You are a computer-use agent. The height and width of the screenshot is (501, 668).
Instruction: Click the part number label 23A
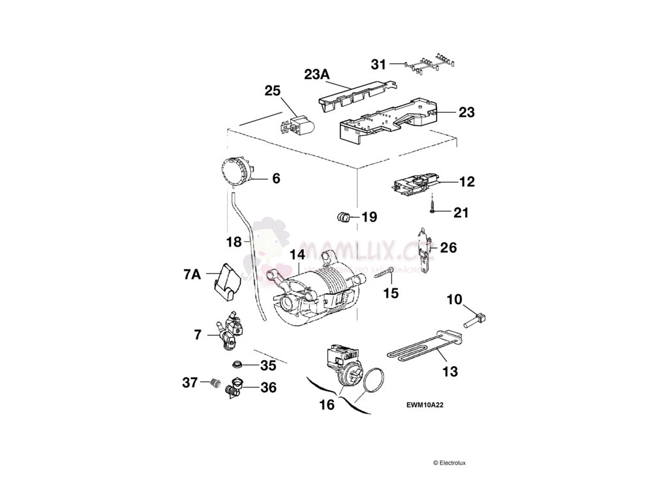click(x=317, y=74)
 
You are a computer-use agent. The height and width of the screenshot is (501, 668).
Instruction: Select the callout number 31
click(x=378, y=64)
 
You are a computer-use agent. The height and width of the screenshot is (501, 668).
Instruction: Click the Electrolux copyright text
click(x=449, y=463)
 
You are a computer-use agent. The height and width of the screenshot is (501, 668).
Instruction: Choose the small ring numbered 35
click(x=238, y=363)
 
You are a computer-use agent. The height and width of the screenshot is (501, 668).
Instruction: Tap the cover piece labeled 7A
click(x=226, y=277)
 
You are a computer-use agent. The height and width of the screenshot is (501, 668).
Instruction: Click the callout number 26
click(x=448, y=248)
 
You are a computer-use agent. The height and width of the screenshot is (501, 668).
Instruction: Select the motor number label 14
click(x=297, y=254)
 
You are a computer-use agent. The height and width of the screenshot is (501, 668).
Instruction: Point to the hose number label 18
click(x=234, y=242)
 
